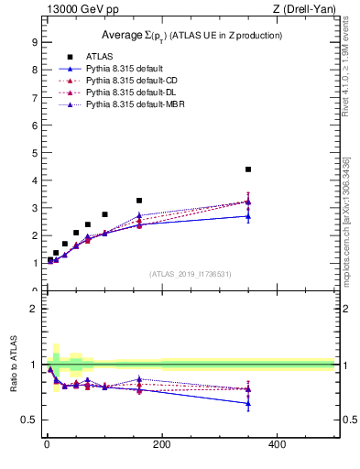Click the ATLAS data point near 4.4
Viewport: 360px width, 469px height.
pos(248,169)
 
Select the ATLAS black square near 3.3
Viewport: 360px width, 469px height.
pos(139,201)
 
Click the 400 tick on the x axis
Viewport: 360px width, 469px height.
pos(277,444)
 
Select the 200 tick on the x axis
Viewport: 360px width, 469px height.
pos(162,444)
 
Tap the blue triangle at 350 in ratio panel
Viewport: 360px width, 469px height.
pos(248,403)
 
